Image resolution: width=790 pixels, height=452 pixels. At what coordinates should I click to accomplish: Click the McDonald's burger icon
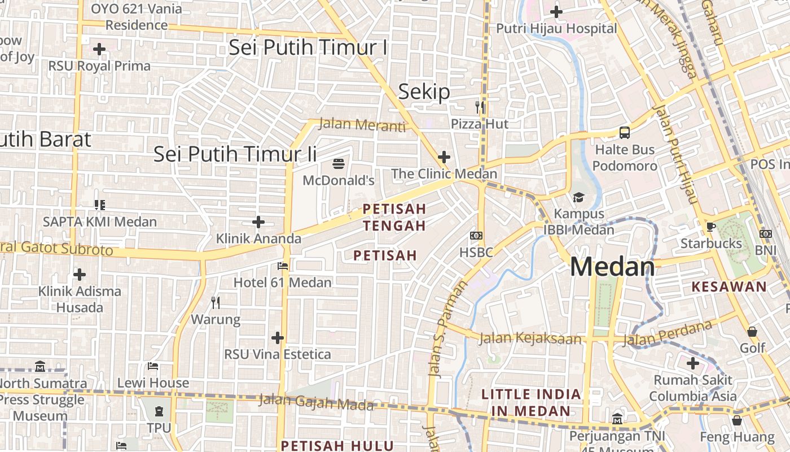[339, 164]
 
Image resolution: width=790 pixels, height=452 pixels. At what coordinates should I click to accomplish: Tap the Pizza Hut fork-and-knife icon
[480, 107]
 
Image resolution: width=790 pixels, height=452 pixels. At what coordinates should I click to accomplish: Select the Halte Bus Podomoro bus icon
[625, 133]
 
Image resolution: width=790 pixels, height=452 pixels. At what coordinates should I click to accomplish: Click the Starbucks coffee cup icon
[710, 227]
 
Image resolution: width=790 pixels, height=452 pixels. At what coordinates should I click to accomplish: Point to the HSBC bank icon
[476, 235]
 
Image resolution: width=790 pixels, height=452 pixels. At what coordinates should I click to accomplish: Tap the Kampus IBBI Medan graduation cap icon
[578, 197]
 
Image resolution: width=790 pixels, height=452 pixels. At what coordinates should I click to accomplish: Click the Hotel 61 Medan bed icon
[283, 266]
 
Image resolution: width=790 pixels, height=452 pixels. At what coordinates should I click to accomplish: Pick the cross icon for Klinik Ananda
[258, 222]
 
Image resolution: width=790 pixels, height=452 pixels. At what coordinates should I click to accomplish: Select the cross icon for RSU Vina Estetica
[277, 338]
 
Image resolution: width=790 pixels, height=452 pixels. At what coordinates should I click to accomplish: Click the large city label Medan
[612, 267]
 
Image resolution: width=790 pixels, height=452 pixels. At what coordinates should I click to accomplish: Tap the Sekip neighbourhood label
[424, 92]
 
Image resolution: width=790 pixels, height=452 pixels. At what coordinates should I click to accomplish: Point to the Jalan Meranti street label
[362, 125]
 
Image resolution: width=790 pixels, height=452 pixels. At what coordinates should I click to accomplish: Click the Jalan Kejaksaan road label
[530, 338]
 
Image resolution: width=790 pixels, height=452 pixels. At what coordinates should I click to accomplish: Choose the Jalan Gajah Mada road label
[316, 402]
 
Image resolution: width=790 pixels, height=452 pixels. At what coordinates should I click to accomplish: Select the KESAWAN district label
[729, 286]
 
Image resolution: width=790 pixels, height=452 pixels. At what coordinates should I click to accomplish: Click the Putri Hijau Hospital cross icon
[556, 11]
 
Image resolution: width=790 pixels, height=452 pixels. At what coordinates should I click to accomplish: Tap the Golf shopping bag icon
[752, 332]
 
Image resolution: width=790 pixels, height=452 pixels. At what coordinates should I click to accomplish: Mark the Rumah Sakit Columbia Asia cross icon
[693, 363]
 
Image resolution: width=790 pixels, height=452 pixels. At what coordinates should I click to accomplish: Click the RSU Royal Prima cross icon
[99, 49]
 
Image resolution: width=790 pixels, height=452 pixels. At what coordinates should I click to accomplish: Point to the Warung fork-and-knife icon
[216, 303]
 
